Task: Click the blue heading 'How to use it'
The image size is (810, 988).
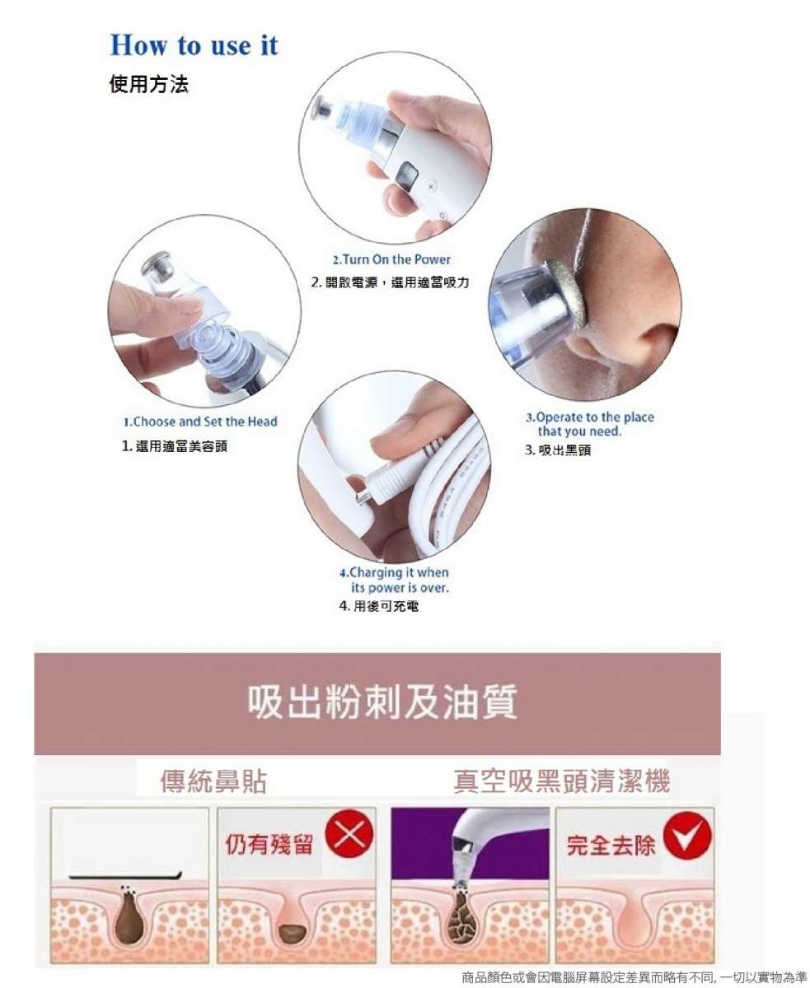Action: [194, 45]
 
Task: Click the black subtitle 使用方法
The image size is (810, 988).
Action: [149, 84]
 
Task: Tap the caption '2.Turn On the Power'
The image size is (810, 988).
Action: [391, 259]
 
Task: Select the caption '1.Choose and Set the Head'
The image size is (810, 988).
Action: [200, 422]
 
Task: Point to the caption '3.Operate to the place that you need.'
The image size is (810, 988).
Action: [589, 424]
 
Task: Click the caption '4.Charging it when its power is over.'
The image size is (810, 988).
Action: [394, 580]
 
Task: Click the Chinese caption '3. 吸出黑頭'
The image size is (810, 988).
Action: [558, 450]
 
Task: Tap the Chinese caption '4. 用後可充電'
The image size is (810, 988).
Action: [379, 606]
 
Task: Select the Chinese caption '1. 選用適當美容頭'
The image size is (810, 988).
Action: [175, 446]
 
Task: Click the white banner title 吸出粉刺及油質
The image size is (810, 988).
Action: [382, 701]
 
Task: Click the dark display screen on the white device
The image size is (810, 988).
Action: [406, 175]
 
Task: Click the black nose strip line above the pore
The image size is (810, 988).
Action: [125, 875]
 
